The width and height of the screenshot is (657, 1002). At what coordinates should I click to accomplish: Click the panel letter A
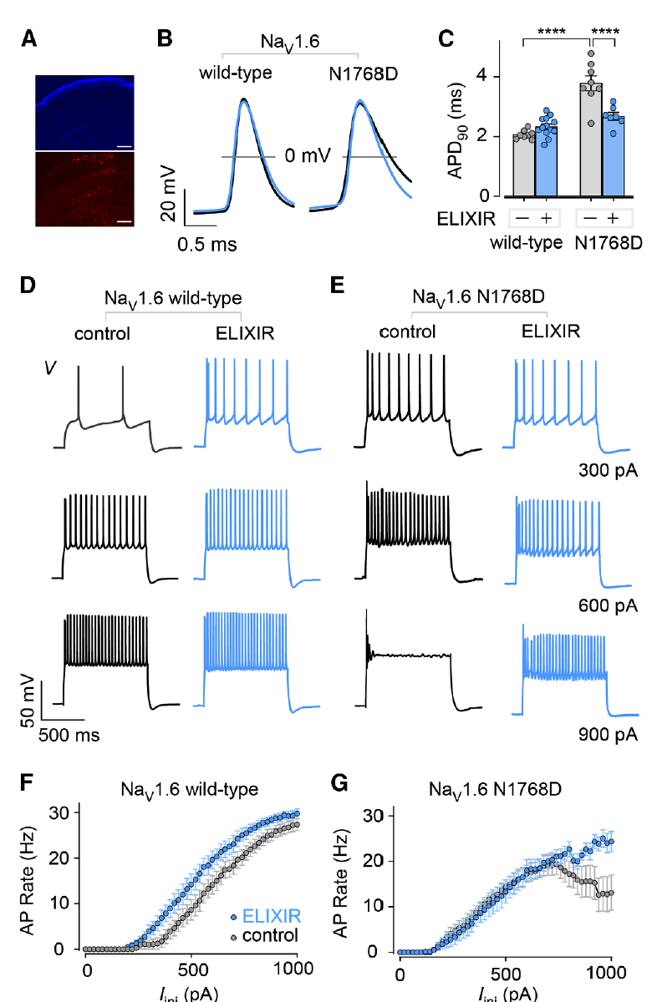tap(28, 38)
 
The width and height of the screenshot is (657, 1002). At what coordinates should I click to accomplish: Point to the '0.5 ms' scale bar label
tap(206, 244)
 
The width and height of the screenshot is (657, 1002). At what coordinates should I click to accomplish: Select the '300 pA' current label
tap(608, 470)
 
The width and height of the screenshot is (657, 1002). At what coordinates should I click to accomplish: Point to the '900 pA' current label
tap(608, 735)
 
